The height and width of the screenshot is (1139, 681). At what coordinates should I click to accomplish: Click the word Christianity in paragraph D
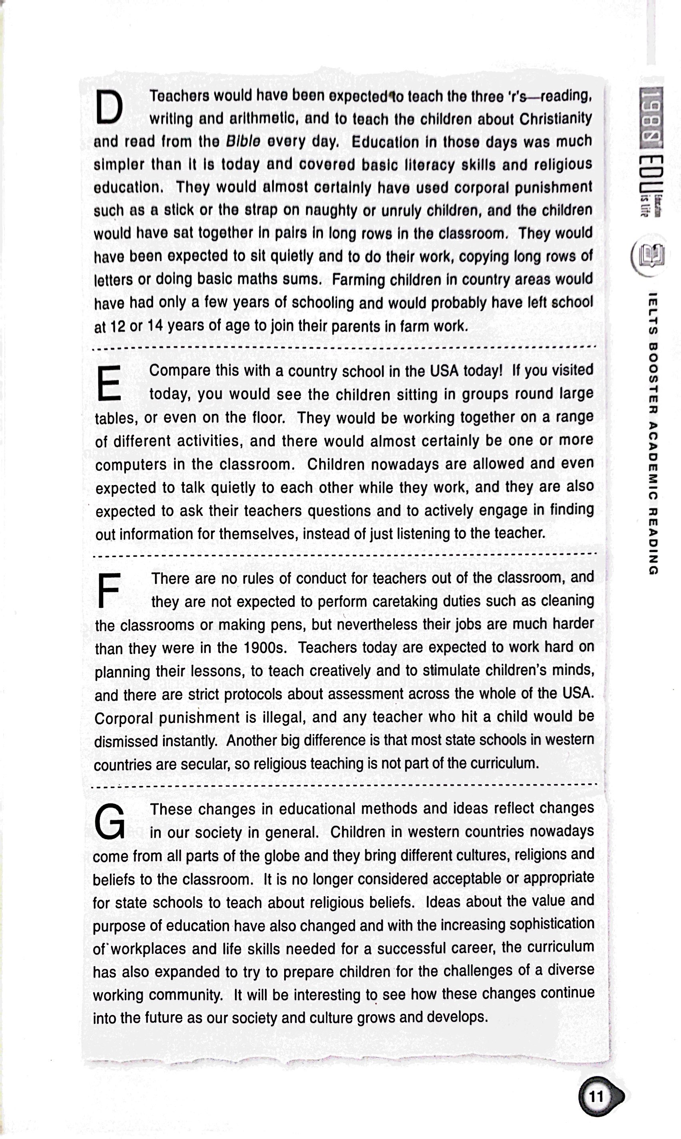(x=555, y=118)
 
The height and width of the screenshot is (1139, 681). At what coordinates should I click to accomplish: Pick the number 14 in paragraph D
(x=155, y=326)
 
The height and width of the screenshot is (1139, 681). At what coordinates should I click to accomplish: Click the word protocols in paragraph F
(x=255, y=694)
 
